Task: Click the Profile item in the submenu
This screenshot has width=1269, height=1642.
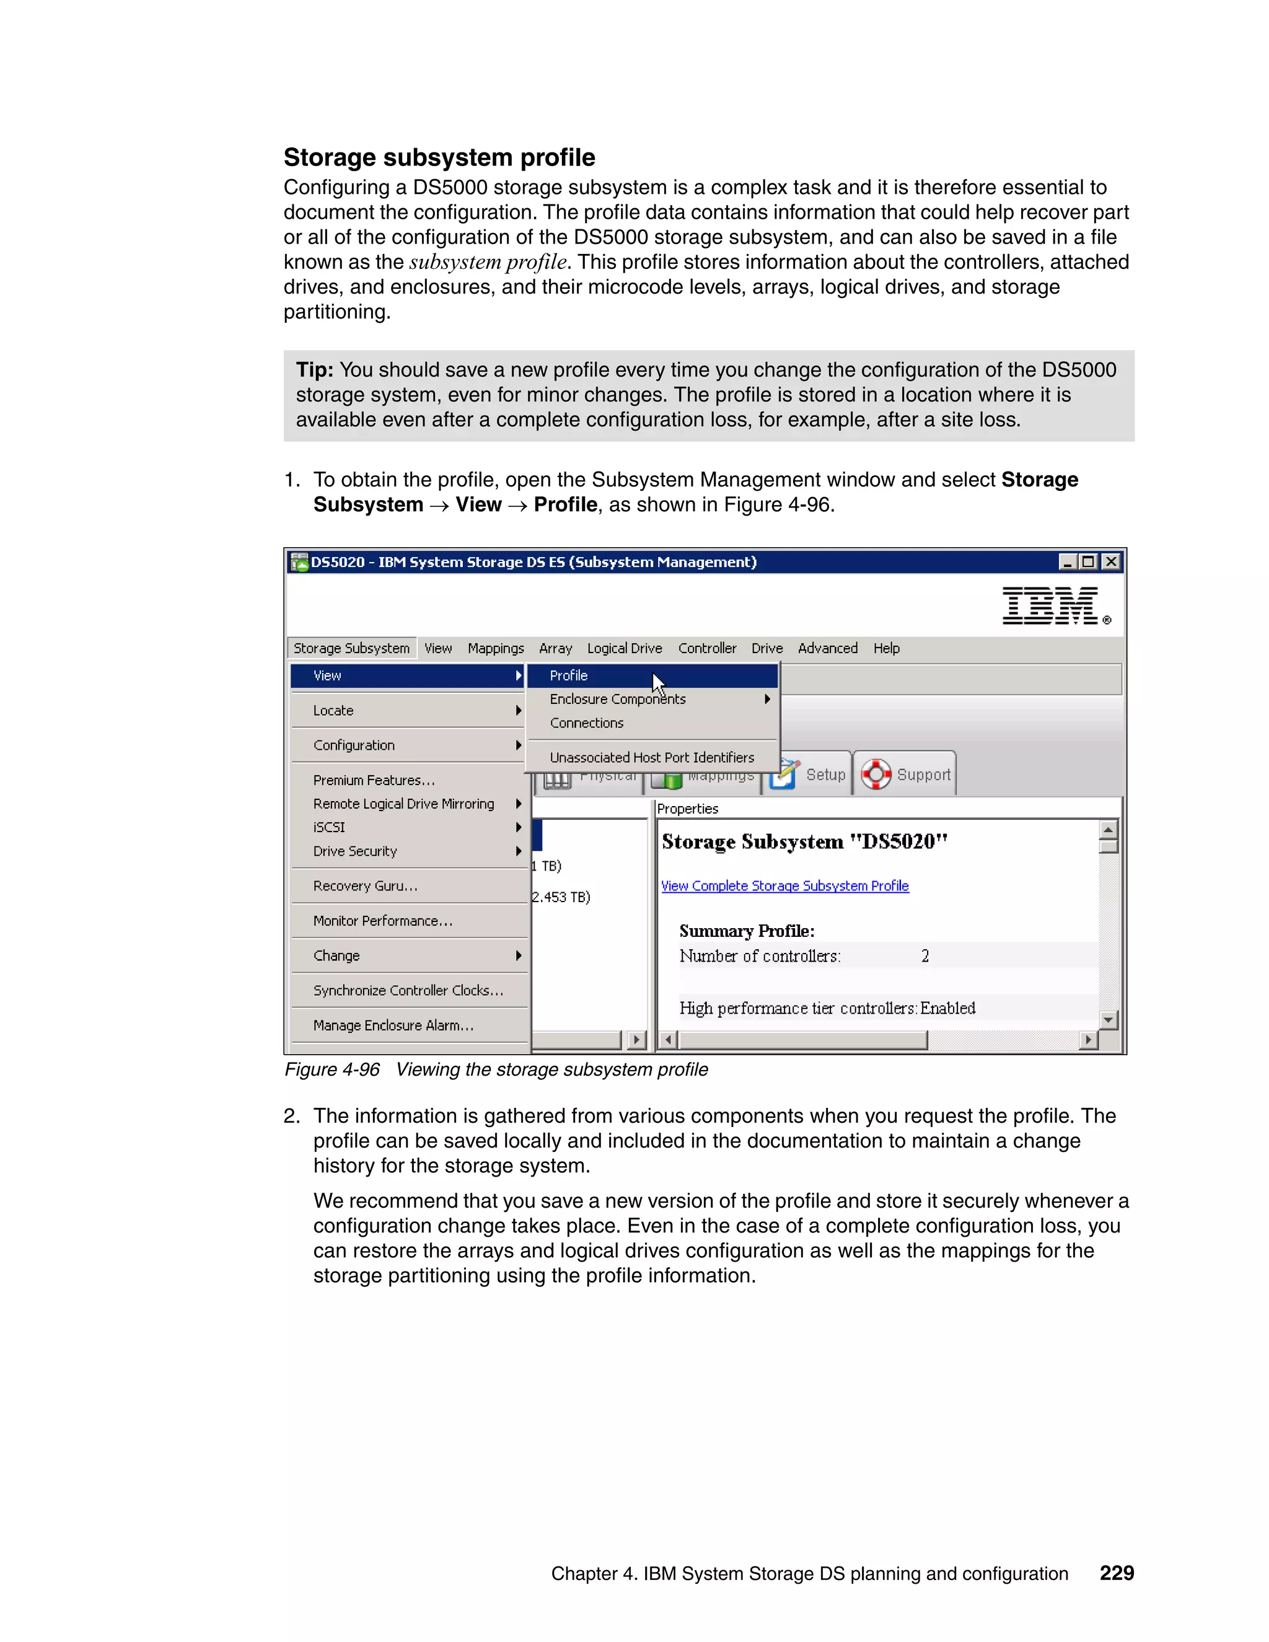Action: click(569, 675)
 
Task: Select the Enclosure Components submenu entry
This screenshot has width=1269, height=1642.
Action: click(617, 698)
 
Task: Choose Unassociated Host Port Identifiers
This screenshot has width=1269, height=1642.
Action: click(651, 757)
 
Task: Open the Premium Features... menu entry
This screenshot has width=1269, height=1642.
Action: click(374, 779)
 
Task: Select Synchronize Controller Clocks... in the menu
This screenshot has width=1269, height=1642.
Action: click(408, 990)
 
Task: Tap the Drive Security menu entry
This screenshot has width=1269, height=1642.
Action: click(355, 851)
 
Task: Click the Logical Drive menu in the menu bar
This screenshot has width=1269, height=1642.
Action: click(624, 648)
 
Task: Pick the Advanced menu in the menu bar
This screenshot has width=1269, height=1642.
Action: click(827, 648)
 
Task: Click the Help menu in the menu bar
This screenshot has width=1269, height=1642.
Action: click(885, 648)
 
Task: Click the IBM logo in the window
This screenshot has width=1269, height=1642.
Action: click(1051, 606)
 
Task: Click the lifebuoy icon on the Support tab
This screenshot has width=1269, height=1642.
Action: click(876, 774)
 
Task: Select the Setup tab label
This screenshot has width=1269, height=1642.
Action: click(825, 775)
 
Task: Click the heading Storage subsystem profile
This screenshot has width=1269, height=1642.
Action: click(439, 157)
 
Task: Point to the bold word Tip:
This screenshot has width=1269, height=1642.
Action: click(314, 370)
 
